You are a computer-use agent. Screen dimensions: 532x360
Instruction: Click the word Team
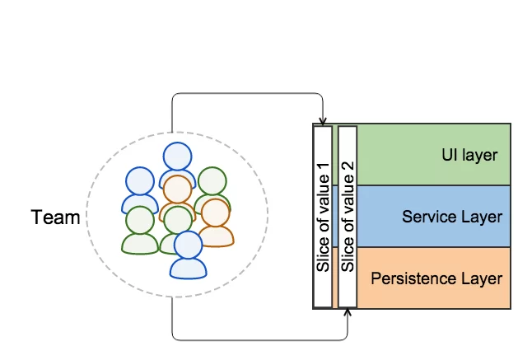[x=55, y=217]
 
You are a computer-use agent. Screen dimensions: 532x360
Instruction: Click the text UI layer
[x=469, y=155]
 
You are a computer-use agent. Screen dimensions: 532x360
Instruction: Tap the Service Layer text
[x=452, y=217]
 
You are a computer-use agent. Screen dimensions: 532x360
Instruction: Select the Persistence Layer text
[x=436, y=278]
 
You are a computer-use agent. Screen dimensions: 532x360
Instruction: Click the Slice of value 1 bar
[x=323, y=217]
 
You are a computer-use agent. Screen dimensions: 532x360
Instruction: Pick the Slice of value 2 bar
[x=348, y=217]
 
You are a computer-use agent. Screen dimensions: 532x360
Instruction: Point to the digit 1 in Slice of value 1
[x=324, y=167]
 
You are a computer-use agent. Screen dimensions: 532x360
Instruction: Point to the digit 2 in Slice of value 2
[x=348, y=167]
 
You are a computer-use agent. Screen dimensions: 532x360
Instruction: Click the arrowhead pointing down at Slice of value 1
[x=323, y=121]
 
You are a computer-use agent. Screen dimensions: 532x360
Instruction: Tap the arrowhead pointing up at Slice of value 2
[x=348, y=312]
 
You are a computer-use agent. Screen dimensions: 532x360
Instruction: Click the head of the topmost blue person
[x=177, y=157]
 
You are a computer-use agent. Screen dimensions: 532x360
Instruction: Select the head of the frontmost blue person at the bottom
[x=188, y=245]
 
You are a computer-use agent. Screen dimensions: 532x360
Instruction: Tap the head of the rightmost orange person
[x=216, y=213]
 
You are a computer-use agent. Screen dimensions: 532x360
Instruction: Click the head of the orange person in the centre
[x=177, y=189]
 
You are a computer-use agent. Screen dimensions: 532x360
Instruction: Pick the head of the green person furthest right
[x=212, y=181]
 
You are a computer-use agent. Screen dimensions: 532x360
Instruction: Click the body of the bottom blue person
[x=189, y=269]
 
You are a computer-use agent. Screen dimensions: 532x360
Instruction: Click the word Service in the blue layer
[x=426, y=217]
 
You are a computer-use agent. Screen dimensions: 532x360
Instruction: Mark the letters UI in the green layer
[x=449, y=154]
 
